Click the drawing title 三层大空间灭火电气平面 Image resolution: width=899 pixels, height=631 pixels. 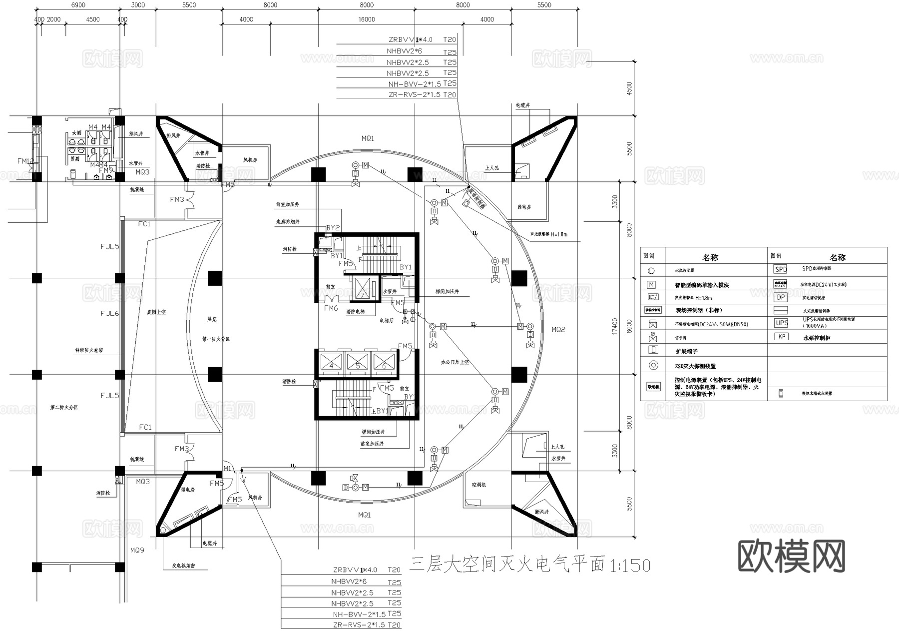tap(507, 565)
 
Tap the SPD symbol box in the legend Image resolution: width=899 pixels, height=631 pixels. tap(780, 269)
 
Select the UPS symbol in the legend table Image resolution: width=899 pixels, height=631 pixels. tap(781, 323)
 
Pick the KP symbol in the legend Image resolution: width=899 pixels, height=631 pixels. tap(782, 337)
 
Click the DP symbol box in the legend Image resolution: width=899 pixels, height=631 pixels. tap(780, 297)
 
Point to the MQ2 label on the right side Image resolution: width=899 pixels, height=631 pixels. tap(558, 330)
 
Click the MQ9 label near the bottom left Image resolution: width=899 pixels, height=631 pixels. tap(137, 550)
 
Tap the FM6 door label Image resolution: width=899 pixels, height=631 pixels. tap(331, 308)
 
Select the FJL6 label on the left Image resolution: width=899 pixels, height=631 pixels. tap(110, 314)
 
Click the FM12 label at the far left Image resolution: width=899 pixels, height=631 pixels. tap(25, 161)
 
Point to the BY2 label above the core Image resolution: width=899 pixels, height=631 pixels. tap(333, 228)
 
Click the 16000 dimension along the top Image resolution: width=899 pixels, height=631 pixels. tap(367, 19)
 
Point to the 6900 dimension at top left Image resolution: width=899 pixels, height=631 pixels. tap(78, 5)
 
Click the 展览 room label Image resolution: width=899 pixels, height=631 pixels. tap(212, 319)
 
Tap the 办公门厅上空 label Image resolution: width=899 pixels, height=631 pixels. tap(454, 362)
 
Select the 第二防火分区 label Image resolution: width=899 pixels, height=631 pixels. tap(64, 408)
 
